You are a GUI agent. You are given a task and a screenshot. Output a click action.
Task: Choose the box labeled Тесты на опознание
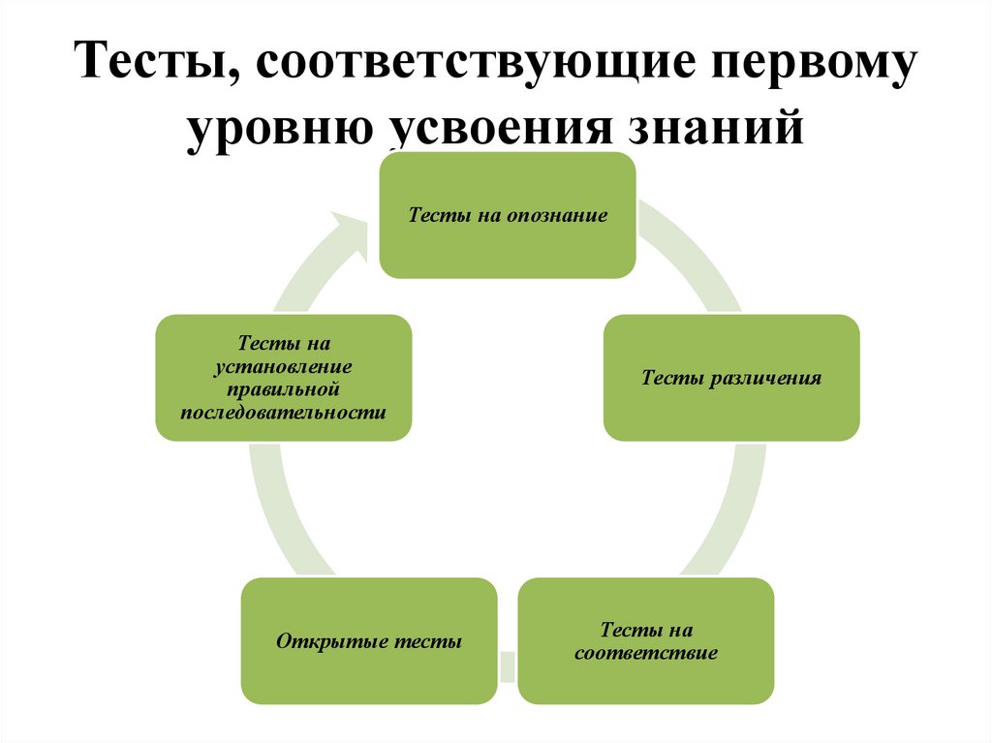[507, 215]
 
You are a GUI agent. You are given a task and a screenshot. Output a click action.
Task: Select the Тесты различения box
[731, 378]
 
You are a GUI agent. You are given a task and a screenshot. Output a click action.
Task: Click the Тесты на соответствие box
[646, 641]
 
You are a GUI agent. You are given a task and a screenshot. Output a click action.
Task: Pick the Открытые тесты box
[369, 641]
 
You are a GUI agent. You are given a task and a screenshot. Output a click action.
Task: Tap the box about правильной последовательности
[283, 378]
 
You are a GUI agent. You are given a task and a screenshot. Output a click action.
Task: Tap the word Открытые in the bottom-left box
[333, 641]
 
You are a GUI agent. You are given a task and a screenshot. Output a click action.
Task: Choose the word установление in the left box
[284, 367]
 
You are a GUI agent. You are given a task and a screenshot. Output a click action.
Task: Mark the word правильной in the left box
[284, 389]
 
